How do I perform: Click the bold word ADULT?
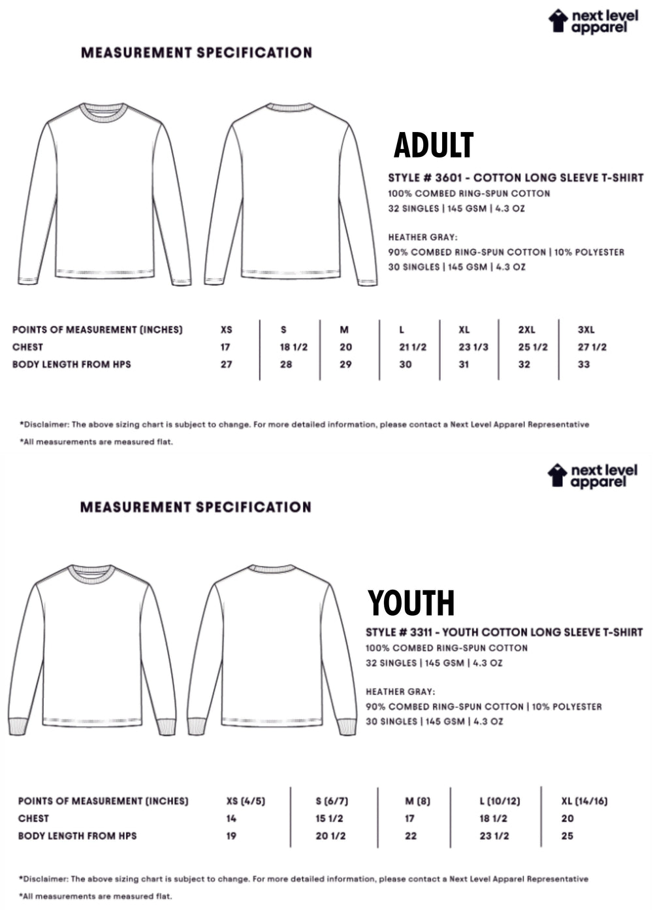tap(434, 145)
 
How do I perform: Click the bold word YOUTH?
tap(411, 603)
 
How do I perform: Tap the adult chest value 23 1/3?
tap(473, 347)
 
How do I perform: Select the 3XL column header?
tap(586, 329)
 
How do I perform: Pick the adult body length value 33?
tap(584, 364)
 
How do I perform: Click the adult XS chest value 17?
tap(225, 347)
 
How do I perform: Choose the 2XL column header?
tap(526, 329)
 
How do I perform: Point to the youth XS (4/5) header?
tap(246, 801)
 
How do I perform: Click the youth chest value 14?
tap(231, 818)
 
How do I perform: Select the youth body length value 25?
tap(567, 835)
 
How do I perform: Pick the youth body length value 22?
tap(411, 835)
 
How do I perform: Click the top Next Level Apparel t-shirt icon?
tap(558, 20)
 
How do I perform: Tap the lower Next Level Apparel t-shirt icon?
tap(557, 475)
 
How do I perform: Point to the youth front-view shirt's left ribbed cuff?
tap(18, 726)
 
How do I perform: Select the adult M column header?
tap(344, 329)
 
